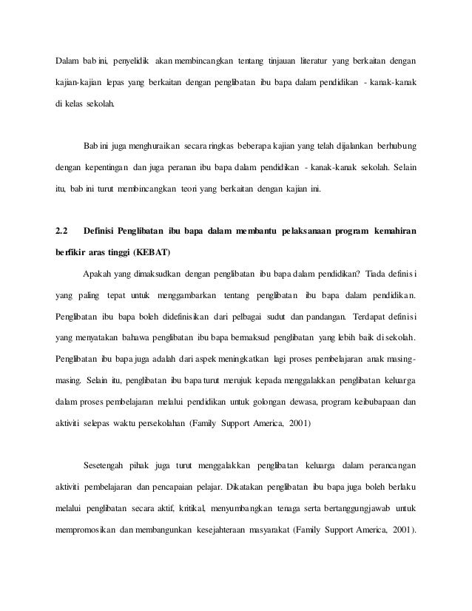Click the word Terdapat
[x=373, y=318]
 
